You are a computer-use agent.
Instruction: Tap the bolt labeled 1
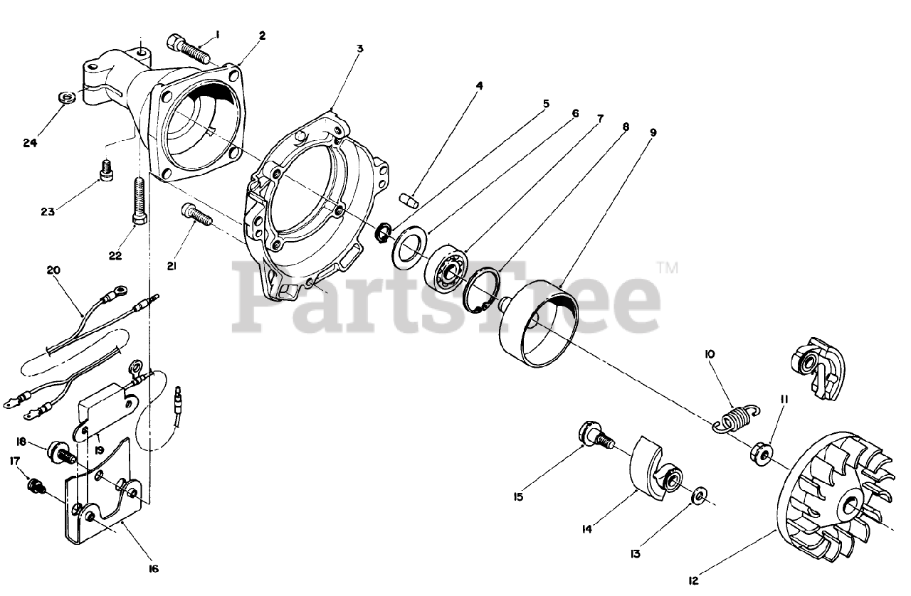coord(186,47)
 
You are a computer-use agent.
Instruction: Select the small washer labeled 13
coord(700,493)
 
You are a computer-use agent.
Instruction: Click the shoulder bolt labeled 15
coord(594,435)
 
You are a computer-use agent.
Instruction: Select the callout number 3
coord(360,48)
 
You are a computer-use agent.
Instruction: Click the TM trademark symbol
coord(668,268)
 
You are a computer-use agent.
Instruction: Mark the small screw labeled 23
coord(107,171)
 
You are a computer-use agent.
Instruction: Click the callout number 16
coord(153,568)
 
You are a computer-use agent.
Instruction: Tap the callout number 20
coord(53,270)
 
